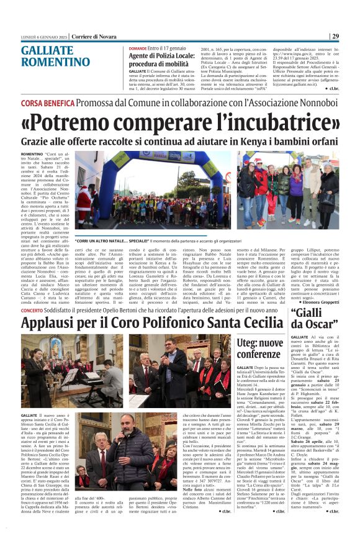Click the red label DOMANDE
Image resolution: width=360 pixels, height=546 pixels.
pos(137,48)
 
